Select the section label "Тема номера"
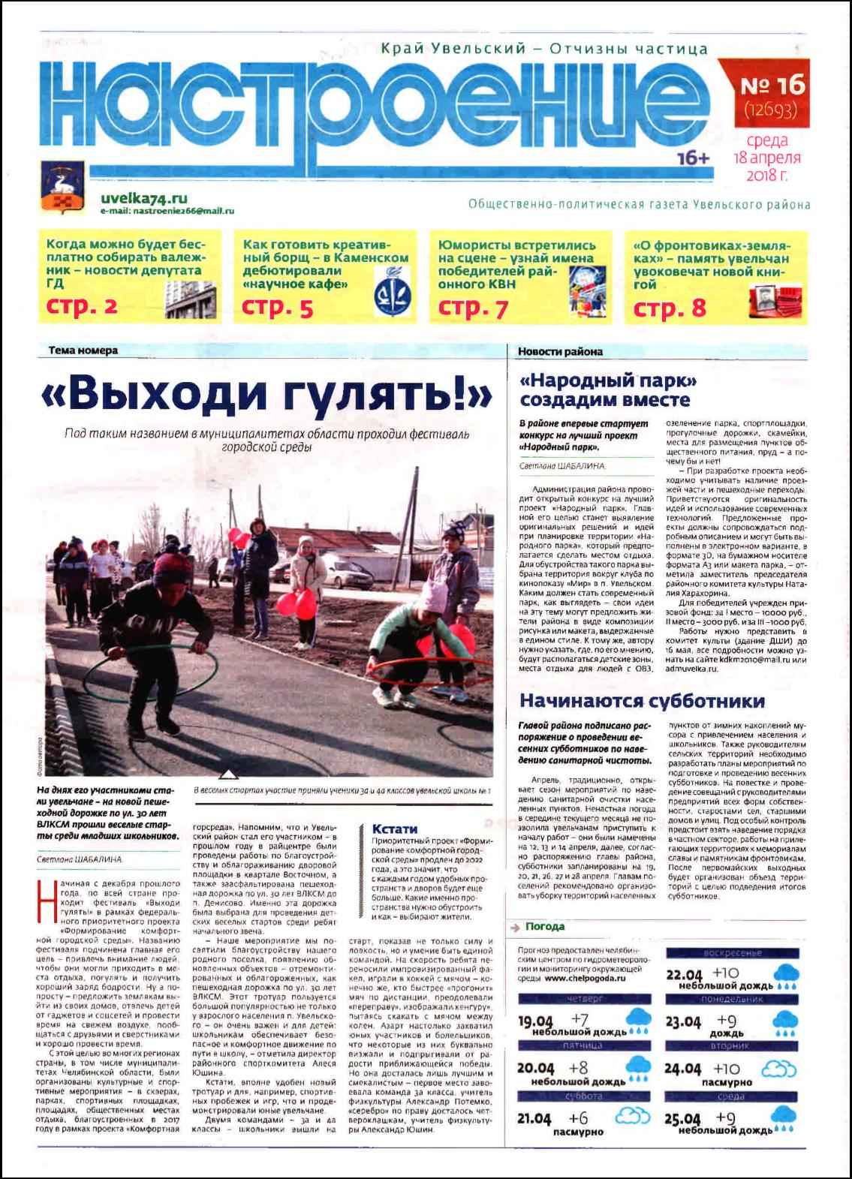83,350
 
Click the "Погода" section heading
545,926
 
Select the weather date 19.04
537,1021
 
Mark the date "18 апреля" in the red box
767,158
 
